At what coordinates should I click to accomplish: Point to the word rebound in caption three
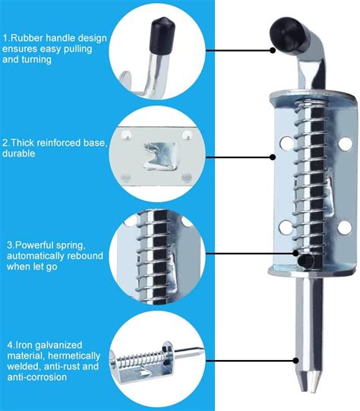[85, 257]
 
